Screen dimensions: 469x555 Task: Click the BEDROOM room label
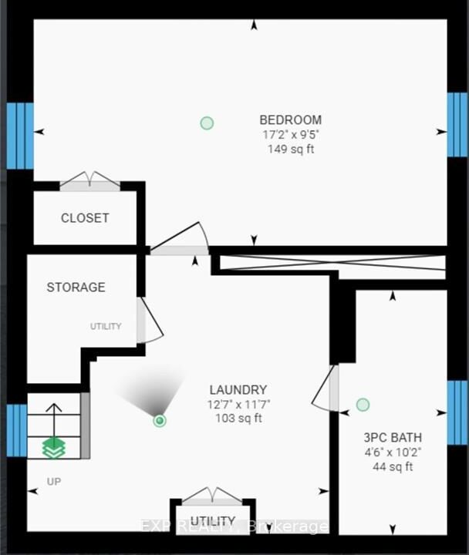291,120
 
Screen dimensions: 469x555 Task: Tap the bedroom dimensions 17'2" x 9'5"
291,135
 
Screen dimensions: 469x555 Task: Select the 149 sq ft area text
291,149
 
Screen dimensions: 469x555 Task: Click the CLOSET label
85,217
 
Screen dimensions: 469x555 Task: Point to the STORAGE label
76,287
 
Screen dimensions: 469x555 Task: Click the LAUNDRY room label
238,390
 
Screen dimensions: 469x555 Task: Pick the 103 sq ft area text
239,419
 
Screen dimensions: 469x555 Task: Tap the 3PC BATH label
393,438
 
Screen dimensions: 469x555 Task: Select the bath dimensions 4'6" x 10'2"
393,452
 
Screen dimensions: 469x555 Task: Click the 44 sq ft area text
393,467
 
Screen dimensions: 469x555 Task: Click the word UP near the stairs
54,481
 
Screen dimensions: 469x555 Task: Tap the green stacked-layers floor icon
54,448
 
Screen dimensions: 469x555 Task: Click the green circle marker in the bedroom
207,123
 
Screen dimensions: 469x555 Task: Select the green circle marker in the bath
363,405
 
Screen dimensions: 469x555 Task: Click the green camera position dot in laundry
160,420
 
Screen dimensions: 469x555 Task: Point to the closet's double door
90,180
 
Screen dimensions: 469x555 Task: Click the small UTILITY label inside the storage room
106,326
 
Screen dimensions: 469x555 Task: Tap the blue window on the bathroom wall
457,412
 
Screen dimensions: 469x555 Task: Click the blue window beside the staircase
17,430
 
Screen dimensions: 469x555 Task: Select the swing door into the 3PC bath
325,388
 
